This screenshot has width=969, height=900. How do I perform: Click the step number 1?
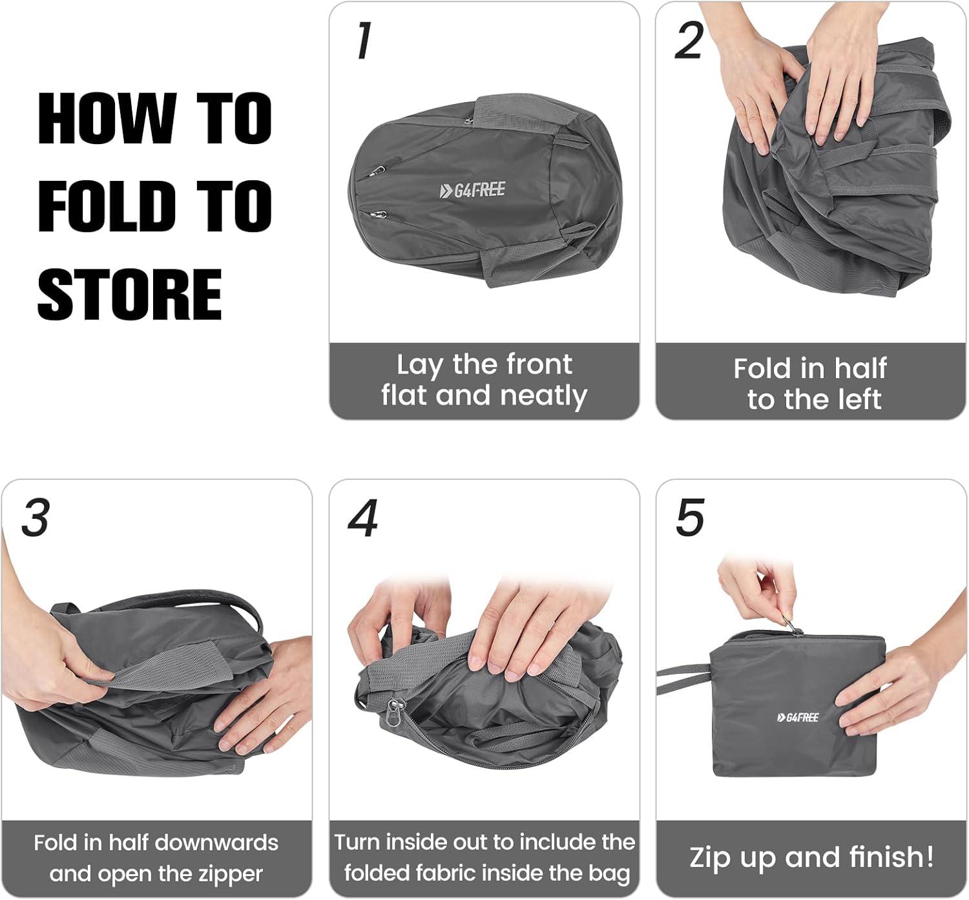[x=363, y=41]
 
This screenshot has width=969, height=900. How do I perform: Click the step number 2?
[x=689, y=41]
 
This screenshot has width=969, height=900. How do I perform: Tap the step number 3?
[x=36, y=518]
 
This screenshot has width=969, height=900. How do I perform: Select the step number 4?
[x=363, y=518]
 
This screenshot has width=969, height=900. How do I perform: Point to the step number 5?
[x=691, y=518]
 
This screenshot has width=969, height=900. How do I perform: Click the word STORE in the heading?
[x=130, y=294]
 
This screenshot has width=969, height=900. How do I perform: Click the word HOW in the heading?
[x=107, y=119]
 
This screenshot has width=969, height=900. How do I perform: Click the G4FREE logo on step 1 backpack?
[x=472, y=190]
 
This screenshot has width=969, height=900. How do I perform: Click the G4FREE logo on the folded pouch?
[x=798, y=717]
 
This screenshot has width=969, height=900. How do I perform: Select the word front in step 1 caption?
[x=539, y=364]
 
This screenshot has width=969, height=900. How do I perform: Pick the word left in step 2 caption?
[x=860, y=399]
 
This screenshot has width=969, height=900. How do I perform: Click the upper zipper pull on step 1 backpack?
[x=376, y=171]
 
